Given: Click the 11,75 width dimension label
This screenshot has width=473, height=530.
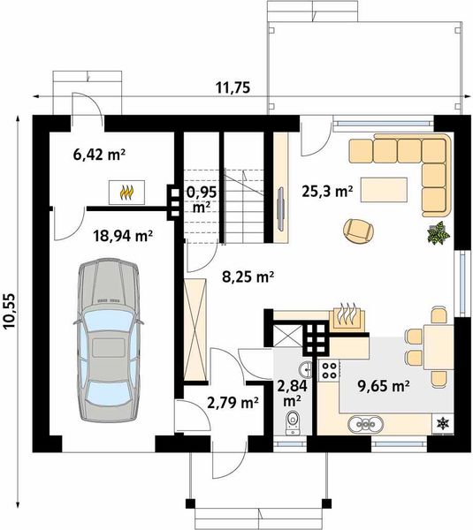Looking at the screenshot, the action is click(x=233, y=87).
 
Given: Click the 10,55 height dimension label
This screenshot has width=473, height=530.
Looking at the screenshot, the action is click(x=9, y=311).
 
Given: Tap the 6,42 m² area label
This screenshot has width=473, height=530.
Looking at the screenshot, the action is click(x=100, y=155).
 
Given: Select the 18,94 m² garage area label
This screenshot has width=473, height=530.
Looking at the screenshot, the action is click(x=123, y=236).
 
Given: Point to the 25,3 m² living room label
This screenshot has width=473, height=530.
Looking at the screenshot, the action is click(x=327, y=192).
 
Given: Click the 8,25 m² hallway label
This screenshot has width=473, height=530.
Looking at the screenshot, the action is click(x=248, y=276).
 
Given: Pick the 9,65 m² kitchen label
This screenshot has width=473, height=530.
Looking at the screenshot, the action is click(x=384, y=385).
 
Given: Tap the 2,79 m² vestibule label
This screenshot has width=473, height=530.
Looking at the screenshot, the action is click(x=233, y=402).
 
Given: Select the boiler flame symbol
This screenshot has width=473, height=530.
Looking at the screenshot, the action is click(x=127, y=193).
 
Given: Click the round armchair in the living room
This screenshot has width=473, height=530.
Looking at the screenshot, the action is click(x=358, y=231).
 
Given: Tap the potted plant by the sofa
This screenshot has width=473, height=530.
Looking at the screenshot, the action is click(x=439, y=232).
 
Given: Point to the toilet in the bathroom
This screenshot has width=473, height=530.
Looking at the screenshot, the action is click(x=293, y=422).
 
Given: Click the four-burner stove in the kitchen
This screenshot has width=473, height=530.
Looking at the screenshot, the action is click(x=330, y=370).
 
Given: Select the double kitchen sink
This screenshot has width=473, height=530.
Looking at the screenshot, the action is click(x=366, y=424).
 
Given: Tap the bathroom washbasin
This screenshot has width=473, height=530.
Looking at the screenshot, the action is click(x=307, y=369).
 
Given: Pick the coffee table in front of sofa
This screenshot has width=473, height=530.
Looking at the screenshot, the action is click(x=384, y=190).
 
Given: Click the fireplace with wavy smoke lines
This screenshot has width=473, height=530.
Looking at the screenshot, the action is click(x=347, y=318).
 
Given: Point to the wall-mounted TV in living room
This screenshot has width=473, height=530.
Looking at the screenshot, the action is click(x=280, y=209).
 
